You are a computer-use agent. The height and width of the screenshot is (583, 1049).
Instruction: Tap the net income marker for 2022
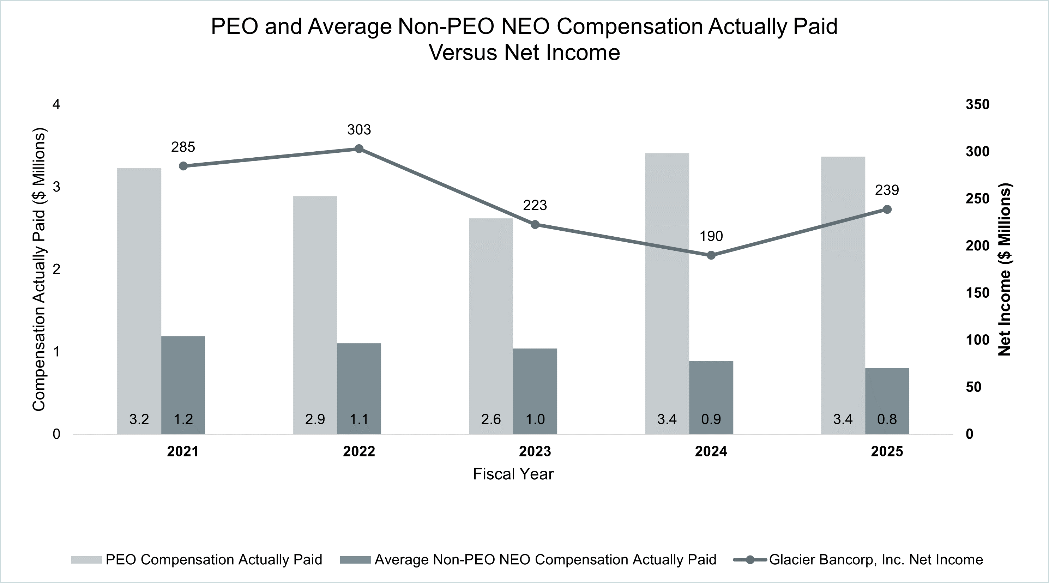(x=359, y=148)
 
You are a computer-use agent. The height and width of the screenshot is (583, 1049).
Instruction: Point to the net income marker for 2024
(x=711, y=255)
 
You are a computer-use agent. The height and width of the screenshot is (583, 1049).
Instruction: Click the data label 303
(x=359, y=129)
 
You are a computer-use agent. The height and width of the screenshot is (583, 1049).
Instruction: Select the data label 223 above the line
(x=535, y=205)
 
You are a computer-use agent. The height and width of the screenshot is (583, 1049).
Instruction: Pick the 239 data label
(x=887, y=190)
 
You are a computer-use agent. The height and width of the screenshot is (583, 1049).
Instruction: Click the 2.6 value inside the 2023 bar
(x=491, y=419)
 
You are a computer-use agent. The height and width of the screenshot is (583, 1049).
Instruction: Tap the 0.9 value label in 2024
(x=711, y=419)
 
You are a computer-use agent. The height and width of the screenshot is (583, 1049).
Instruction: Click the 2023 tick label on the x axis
(x=535, y=451)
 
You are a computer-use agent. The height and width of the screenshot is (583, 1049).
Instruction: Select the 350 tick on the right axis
(x=977, y=105)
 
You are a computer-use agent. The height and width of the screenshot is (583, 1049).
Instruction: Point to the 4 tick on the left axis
(x=56, y=105)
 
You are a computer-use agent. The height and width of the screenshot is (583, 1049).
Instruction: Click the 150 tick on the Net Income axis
(x=977, y=293)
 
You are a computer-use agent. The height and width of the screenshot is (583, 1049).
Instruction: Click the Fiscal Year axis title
(x=513, y=474)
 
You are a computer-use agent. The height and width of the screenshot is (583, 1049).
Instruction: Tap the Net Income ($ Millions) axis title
(x=1005, y=269)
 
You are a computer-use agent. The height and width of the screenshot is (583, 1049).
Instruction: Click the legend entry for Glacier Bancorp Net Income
(x=875, y=559)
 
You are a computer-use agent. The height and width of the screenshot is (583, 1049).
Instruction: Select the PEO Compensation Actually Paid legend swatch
(x=86, y=560)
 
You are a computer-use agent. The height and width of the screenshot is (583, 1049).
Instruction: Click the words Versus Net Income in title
(x=524, y=53)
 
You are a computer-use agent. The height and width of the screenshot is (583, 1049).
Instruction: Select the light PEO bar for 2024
(x=667, y=285)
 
